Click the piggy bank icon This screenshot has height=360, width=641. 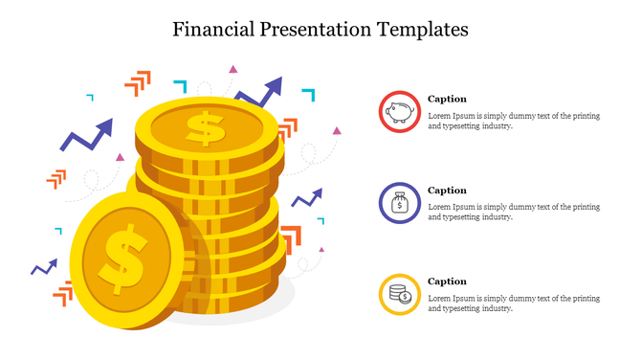pos(399,112)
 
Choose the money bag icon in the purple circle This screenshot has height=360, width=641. pos(399,203)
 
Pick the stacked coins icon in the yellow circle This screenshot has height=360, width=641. pos(399,294)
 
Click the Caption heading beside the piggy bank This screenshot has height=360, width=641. pos(447,99)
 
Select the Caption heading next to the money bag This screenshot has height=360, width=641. pos(447,191)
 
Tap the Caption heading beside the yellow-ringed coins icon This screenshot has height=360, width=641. pos(447,281)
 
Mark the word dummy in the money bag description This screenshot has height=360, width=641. pos(519,207)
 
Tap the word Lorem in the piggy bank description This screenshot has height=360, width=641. pos(438,116)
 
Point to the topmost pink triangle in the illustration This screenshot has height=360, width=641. pos(232,69)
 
